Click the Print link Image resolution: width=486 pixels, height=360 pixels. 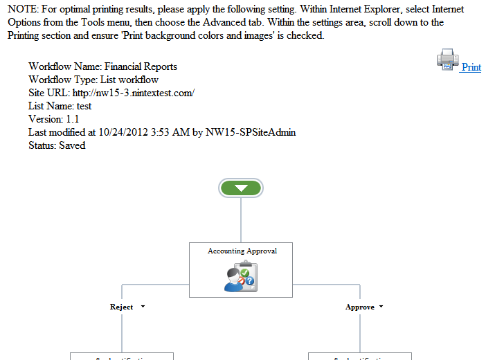pyautogui.click(x=471, y=67)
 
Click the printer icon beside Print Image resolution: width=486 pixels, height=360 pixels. pyautogui.click(x=448, y=60)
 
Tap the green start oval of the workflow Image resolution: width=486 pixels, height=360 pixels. pyautogui.click(x=240, y=188)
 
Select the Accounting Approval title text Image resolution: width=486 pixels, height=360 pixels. pyautogui.click(x=242, y=251)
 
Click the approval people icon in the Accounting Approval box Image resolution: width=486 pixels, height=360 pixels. pyautogui.click(x=242, y=276)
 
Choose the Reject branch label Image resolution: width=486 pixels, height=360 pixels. pyautogui.click(x=121, y=307)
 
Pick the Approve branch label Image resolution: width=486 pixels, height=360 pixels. pyautogui.click(x=359, y=307)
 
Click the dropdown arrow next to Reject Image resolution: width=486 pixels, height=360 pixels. pyautogui.click(x=143, y=306)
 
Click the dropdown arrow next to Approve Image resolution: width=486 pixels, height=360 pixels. pyautogui.click(x=381, y=306)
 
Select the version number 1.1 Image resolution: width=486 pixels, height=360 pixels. pyautogui.click(x=71, y=119)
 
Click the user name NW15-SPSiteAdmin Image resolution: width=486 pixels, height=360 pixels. pyautogui.click(x=251, y=132)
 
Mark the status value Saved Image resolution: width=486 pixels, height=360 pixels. pyautogui.click(x=72, y=145)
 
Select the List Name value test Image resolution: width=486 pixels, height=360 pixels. pyautogui.click(x=84, y=106)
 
